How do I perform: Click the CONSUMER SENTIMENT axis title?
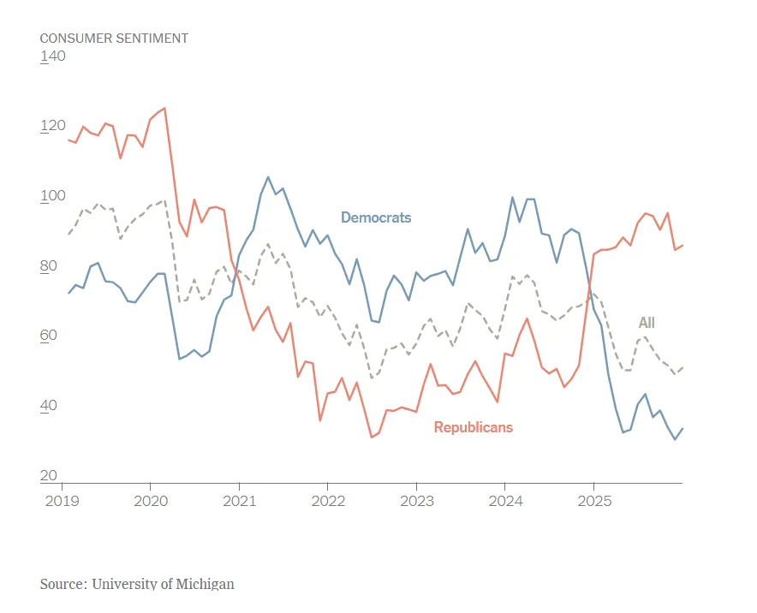[x=114, y=38]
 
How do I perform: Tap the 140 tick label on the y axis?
[x=52, y=57]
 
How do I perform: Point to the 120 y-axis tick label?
[x=52, y=126]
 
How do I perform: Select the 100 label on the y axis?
[x=52, y=196]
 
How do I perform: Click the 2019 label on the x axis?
[x=61, y=498]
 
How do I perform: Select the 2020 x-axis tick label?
[x=150, y=498]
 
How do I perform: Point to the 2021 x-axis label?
[x=239, y=498]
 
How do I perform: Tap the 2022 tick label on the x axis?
[x=328, y=498]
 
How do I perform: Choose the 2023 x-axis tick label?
[x=417, y=498]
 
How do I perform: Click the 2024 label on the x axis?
[x=505, y=498]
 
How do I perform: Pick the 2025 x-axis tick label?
[x=594, y=498]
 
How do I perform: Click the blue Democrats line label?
[x=376, y=217]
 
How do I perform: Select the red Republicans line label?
[x=473, y=427]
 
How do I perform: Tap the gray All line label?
[x=647, y=323]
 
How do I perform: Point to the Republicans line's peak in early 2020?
[x=164, y=108]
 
